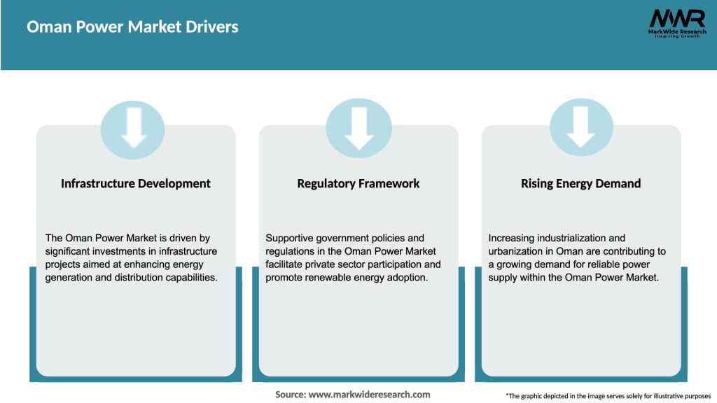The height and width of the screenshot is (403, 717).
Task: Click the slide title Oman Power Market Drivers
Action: pyautogui.click(x=132, y=27)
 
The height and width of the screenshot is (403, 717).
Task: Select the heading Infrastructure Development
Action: pyautogui.click(x=135, y=183)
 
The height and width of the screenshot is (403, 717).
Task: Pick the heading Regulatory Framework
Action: pyautogui.click(x=358, y=183)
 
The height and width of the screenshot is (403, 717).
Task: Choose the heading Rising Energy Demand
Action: pyautogui.click(x=580, y=183)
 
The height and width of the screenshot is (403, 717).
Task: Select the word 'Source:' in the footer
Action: pyautogui.click(x=290, y=395)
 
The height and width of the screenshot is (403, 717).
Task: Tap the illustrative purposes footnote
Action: pyautogui.click(x=608, y=396)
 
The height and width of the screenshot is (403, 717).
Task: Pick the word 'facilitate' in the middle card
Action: pyautogui.click(x=287, y=264)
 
